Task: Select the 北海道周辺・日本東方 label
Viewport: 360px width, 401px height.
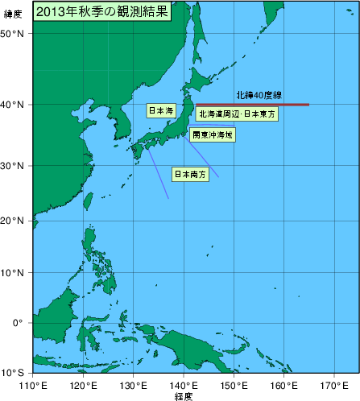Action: pos(237,115)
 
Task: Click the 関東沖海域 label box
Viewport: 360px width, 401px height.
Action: pos(213,135)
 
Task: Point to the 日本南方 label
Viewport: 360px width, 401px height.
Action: pos(190,173)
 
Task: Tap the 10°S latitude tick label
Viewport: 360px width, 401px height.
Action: pos(12,373)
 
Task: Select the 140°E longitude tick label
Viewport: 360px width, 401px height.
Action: pos(184,386)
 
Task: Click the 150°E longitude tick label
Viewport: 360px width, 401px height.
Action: pos(234,386)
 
